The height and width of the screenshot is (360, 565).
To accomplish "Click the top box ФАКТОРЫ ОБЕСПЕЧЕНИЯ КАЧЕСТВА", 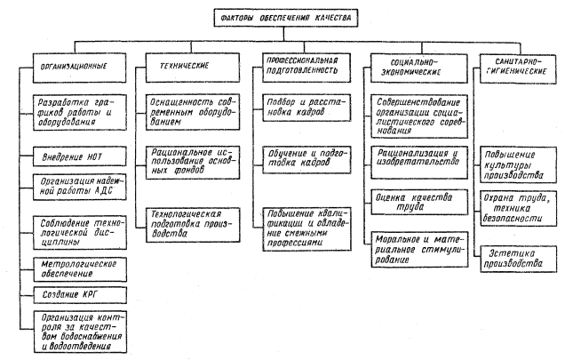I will (x=283, y=17).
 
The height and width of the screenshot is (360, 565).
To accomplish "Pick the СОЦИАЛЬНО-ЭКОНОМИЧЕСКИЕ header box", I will (x=410, y=66).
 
